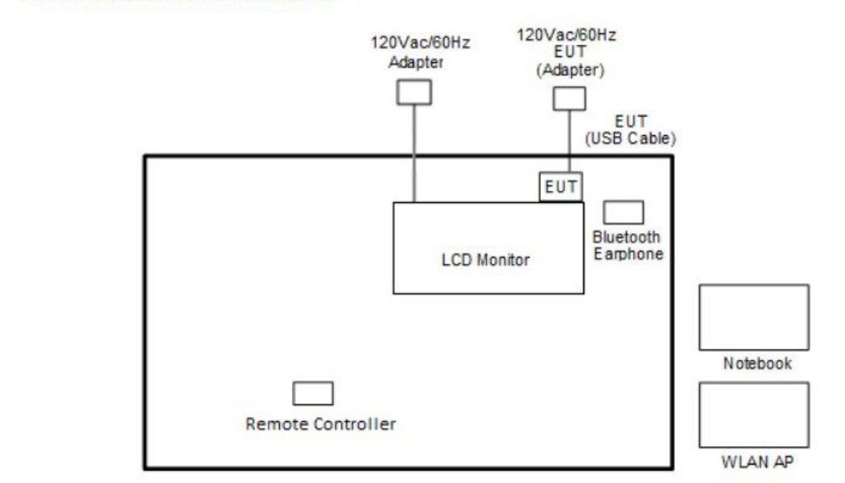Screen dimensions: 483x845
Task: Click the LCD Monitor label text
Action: point(486,260)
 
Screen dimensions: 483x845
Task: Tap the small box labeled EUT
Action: point(561,187)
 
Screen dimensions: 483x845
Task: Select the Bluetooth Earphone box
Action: point(623,213)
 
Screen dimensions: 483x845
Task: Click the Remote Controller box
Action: point(312,394)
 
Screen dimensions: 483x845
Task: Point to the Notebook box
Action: point(753,317)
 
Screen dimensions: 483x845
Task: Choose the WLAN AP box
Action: point(753,415)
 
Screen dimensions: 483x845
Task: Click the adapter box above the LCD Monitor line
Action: point(414,93)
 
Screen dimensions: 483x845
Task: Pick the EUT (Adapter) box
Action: point(569,98)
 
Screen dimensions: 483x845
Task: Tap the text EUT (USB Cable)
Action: point(630,130)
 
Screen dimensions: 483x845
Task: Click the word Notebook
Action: point(756,363)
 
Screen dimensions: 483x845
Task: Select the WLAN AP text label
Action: point(756,462)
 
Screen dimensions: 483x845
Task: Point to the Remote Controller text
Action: point(320,424)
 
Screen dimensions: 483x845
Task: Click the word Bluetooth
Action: point(626,237)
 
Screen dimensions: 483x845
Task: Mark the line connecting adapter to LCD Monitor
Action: point(414,153)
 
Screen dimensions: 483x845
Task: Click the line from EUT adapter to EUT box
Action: point(569,141)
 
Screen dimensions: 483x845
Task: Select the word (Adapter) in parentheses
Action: point(570,70)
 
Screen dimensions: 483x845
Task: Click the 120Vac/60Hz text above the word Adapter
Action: point(420,43)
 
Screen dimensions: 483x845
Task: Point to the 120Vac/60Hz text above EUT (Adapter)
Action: point(567,35)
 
